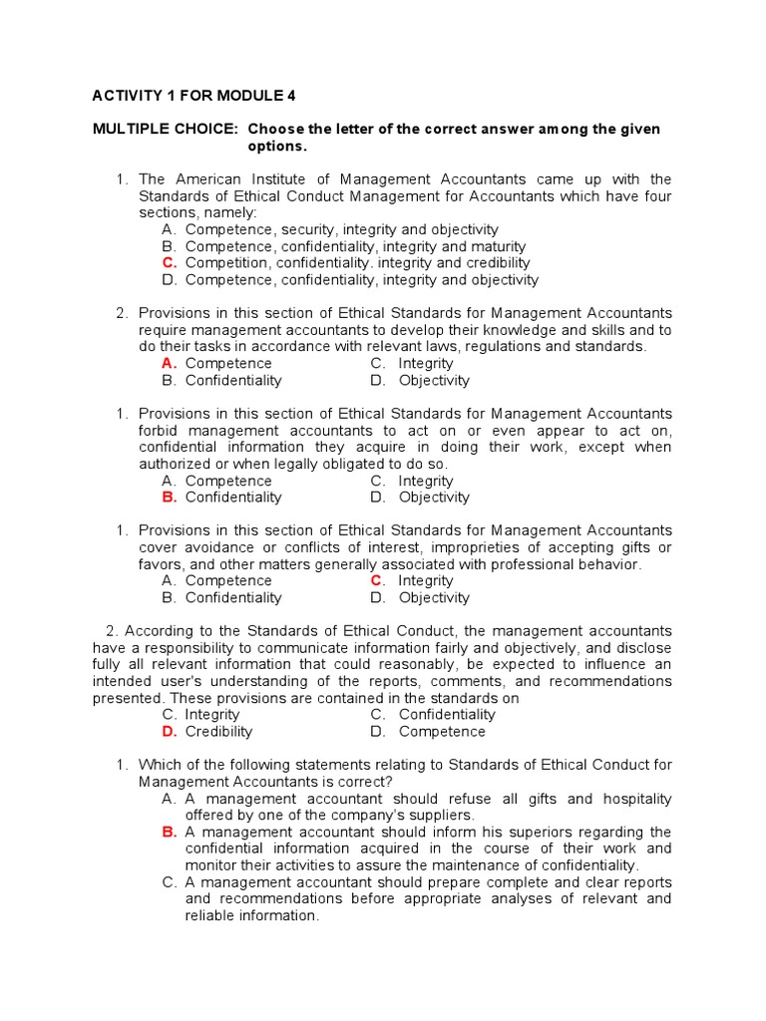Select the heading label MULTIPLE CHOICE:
165,130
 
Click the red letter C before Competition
169,263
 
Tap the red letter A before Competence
169,364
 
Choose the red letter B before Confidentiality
169,498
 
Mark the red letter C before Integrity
377,581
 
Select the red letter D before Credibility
169,732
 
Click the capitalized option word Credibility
219,732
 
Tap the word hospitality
632,799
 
